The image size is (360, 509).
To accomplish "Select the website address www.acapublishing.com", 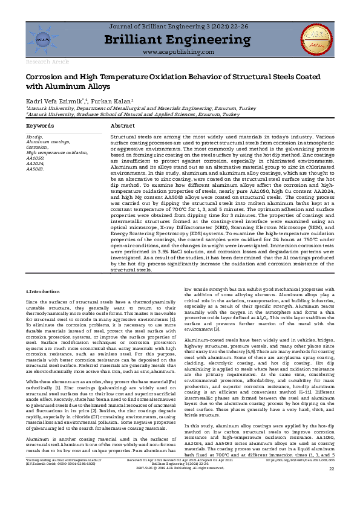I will click(180, 53).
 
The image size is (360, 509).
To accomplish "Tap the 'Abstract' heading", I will click(123, 125).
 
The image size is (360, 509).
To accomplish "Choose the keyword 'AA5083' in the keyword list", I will click(35, 170).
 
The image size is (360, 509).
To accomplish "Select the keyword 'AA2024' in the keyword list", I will click(35, 164).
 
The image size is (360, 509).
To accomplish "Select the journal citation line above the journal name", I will click(180, 27).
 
